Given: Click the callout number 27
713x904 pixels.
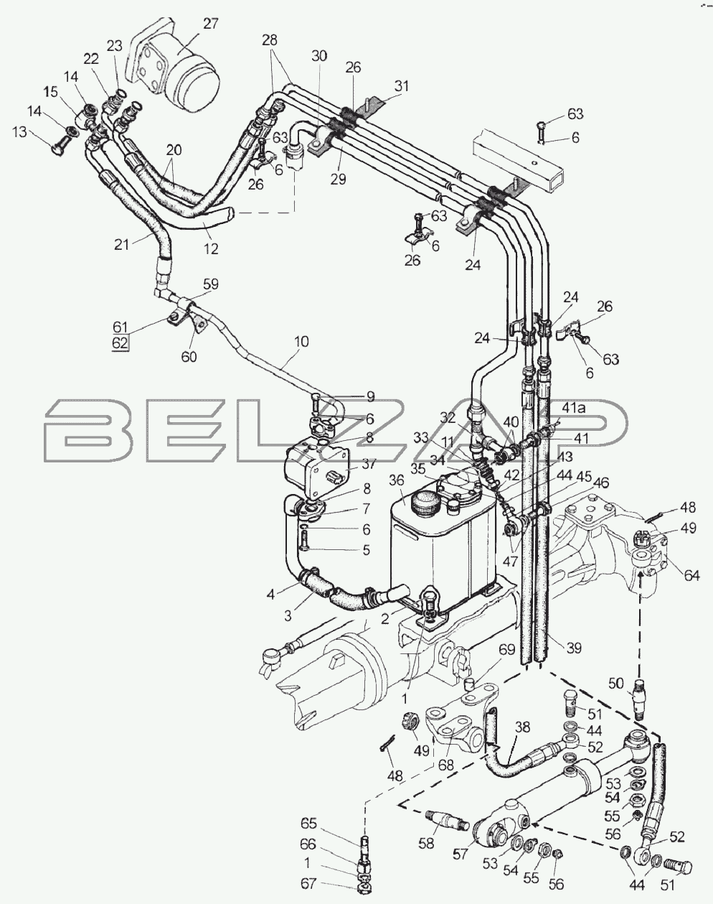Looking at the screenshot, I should pyautogui.click(x=210, y=24).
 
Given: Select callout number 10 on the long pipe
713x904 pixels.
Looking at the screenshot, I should pyautogui.click(x=301, y=341).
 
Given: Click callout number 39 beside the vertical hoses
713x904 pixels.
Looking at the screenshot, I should pyautogui.click(x=574, y=648).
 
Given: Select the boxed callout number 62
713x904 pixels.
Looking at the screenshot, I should pyautogui.click(x=120, y=343).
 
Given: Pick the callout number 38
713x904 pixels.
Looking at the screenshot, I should pyautogui.click(x=522, y=727).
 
